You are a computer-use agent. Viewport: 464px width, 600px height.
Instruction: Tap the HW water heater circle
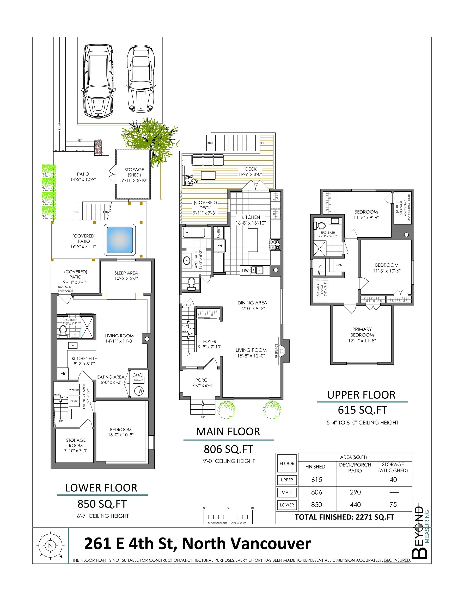coord(139,391)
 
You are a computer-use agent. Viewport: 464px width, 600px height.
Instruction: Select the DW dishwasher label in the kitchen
coord(245,271)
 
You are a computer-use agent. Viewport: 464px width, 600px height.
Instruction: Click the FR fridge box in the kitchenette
coord(63,374)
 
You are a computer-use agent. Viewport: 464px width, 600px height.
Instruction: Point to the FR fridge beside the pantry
coord(219,246)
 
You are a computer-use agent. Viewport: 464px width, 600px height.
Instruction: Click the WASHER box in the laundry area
coord(74,390)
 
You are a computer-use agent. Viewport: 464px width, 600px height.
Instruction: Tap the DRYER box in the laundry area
coord(74,401)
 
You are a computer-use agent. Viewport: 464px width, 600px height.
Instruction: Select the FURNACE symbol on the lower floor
coord(138,378)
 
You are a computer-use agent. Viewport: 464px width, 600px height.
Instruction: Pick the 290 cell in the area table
coord(355,492)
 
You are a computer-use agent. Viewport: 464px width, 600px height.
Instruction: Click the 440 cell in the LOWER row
coord(355,505)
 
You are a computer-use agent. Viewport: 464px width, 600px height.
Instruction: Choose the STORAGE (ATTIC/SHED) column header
coord(393,467)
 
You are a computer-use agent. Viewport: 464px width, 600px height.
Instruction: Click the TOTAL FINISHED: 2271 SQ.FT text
coord(344,517)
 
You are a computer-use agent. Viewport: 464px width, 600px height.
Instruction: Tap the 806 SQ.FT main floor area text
coord(228,449)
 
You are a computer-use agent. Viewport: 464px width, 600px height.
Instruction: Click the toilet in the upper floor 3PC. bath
coord(320,226)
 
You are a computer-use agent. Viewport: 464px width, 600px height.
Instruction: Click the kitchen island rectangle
coord(253,240)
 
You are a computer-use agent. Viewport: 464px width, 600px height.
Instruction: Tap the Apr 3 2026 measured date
coord(239,523)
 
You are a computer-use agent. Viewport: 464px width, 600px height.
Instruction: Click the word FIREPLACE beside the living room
coord(276,351)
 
